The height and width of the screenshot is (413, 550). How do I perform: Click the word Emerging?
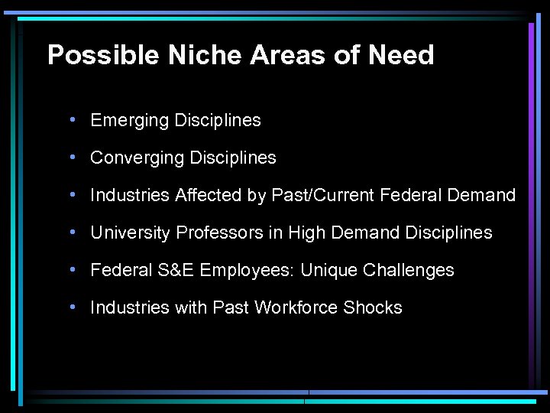coord(129,121)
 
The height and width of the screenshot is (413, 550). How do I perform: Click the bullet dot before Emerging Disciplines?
coord(71,119)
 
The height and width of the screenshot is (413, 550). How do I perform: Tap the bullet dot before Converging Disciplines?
coord(71,157)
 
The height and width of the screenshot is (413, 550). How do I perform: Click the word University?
coord(131,233)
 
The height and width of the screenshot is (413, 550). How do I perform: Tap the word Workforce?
coord(296,307)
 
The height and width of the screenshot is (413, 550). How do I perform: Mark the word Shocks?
coord(373,307)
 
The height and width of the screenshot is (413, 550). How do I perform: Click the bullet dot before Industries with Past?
coord(71,307)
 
